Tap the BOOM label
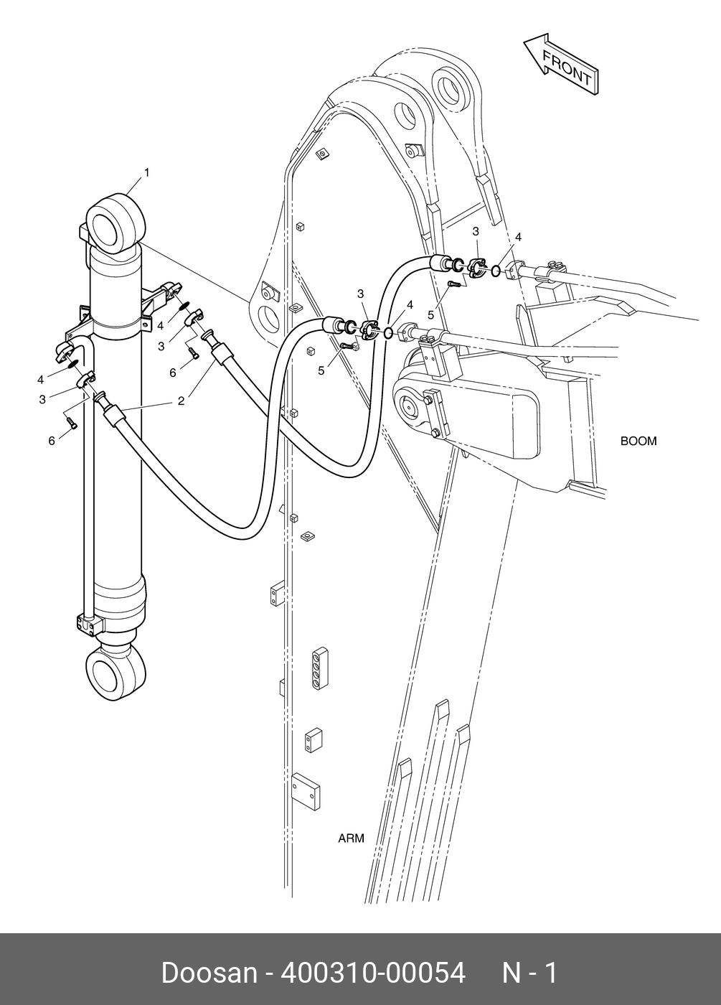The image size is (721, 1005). tap(638, 441)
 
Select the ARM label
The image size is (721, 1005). tap(351, 838)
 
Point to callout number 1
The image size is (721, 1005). tap(147, 172)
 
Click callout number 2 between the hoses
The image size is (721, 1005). tap(181, 401)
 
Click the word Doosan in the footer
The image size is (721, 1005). tap(209, 973)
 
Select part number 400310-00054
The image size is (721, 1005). tap(373, 973)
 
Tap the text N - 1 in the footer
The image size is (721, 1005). tap(529, 973)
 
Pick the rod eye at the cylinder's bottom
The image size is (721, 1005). tap(115, 670)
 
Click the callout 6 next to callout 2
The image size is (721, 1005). tap(173, 373)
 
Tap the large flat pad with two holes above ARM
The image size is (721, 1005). tap(306, 790)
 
